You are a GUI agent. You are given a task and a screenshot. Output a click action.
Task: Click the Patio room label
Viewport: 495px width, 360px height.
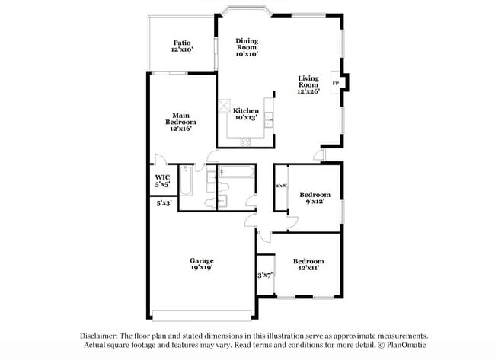(x=181, y=43)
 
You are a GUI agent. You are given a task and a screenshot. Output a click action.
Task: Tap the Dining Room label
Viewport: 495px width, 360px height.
(x=247, y=41)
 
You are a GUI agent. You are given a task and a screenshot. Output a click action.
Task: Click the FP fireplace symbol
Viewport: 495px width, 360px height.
(x=336, y=81)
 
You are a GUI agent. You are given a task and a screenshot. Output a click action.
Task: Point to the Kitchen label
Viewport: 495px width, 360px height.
(x=246, y=110)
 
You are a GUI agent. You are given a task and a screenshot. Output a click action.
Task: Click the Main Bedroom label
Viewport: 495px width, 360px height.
(x=181, y=119)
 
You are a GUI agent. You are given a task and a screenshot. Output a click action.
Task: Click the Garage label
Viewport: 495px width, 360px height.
(x=202, y=260)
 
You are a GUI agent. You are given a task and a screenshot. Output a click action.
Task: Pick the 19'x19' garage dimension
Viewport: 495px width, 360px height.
(x=202, y=268)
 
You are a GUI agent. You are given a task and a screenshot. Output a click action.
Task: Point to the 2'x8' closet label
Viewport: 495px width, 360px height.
(x=281, y=185)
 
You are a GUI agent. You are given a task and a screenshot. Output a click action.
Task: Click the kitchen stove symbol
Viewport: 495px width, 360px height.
(x=247, y=142)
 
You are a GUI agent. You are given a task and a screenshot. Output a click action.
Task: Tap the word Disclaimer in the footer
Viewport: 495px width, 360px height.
(x=102, y=336)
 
